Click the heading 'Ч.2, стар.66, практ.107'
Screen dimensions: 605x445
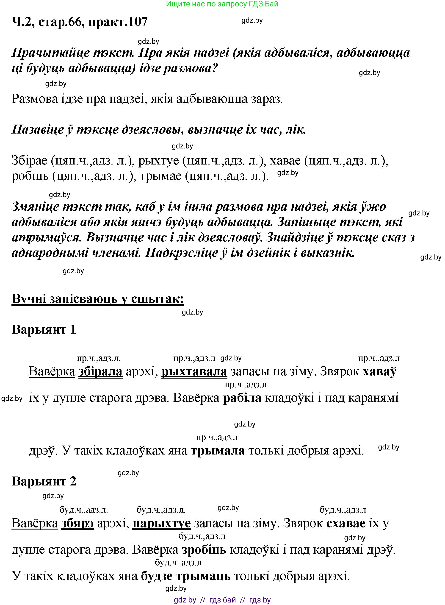click(80, 22)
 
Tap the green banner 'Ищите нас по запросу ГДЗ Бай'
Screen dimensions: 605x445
click(222, 4)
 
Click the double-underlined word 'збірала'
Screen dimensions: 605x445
click(100, 371)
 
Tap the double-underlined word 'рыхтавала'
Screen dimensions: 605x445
click(194, 371)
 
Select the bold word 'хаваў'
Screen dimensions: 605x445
click(379, 371)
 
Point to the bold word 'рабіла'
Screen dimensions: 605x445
click(242, 398)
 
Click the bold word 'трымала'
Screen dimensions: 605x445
click(218, 450)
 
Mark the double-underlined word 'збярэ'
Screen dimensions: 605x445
click(77, 523)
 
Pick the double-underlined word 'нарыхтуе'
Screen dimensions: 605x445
click(162, 523)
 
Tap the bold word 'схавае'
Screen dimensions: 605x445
click(346, 523)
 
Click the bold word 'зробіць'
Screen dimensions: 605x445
click(204, 549)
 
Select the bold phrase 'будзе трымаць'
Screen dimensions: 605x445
click(186, 576)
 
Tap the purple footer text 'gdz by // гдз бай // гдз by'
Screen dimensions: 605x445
click(222, 600)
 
